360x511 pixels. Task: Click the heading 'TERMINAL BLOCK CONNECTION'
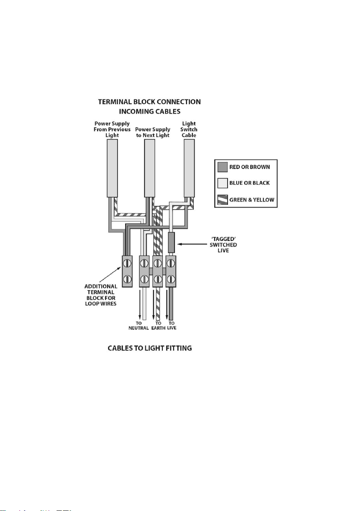tap(149, 102)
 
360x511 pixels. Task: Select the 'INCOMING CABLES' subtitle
tap(150, 111)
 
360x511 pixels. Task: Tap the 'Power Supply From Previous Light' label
tap(112, 129)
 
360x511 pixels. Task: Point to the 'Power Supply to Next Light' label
tap(153, 132)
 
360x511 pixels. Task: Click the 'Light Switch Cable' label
tap(189, 129)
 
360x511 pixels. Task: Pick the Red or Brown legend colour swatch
tap(222, 167)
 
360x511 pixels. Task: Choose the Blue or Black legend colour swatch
tap(222, 183)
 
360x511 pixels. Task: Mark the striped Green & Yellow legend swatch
tap(222, 200)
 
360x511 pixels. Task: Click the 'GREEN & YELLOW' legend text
tap(252, 200)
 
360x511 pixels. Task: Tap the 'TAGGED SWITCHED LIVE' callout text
tap(223, 245)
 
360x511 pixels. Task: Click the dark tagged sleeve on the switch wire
tap(171, 243)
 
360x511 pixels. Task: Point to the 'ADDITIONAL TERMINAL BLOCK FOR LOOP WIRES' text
tap(101, 295)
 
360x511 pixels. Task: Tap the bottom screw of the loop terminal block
tap(127, 279)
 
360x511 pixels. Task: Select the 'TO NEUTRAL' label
tap(139, 326)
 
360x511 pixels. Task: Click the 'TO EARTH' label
tap(158, 326)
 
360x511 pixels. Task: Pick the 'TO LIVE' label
tap(172, 326)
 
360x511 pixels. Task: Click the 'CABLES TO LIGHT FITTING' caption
tap(150, 349)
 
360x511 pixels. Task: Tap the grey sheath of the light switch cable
tap(189, 168)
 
